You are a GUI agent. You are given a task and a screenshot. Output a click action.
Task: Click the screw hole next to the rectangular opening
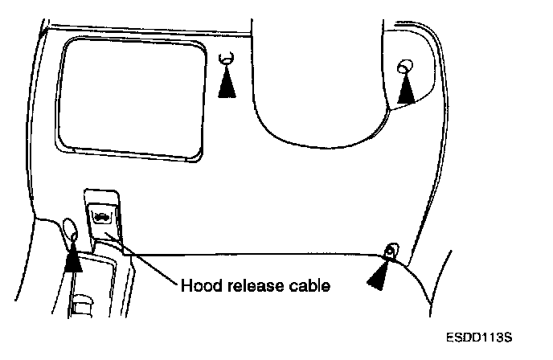(x=227, y=58)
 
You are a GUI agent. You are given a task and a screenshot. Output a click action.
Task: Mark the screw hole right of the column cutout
(x=406, y=65)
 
